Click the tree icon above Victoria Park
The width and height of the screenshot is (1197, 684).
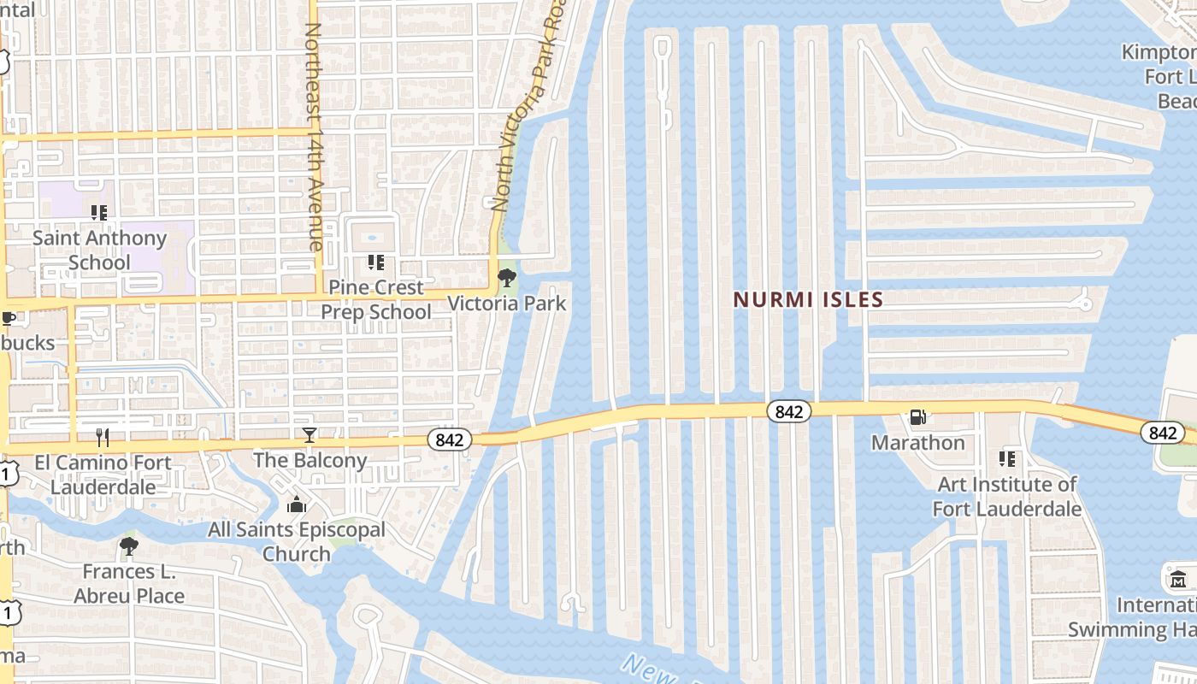(x=507, y=278)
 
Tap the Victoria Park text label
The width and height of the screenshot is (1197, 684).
(x=507, y=303)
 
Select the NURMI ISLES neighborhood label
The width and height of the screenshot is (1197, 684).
(x=808, y=300)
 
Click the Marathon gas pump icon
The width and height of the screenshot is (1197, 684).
(x=918, y=417)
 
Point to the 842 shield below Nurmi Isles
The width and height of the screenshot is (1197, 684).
(x=788, y=411)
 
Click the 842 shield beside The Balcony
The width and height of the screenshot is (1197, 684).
(x=450, y=439)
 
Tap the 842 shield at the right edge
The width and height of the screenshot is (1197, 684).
(x=1162, y=433)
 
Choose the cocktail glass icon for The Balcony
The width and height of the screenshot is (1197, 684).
(x=310, y=435)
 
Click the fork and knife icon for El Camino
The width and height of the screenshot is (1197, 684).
(x=103, y=438)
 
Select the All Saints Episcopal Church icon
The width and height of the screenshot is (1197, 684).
(x=297, y=505)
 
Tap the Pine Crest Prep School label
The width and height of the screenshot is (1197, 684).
(x=376, y=299)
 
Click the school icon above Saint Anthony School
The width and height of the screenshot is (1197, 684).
(x=99, y=212)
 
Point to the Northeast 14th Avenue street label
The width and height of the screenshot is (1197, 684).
(x=313, y=137)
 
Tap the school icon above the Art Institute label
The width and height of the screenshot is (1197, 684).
(x=1007, y=459)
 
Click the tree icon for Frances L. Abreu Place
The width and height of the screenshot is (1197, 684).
(x=129, y=545)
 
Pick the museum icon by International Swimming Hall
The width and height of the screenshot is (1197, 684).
(x=1177, y=579)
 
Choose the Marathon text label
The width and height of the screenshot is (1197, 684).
(x=918, y=442)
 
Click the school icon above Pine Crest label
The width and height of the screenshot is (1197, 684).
(x=376, y=262)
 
